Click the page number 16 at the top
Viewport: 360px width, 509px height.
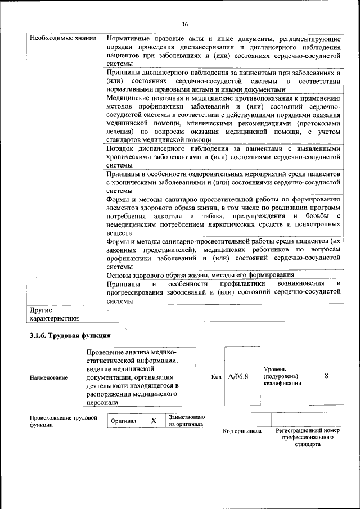[184, 24]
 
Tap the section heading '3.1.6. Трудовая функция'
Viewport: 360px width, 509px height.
[69, 336]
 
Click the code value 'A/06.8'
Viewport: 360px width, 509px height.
[238, 376]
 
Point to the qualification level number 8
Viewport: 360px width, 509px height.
[326, 376]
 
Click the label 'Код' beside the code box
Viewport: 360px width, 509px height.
[217, 376]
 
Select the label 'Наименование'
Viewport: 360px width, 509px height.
[48, 378]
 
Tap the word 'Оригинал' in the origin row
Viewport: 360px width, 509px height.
[124, 421]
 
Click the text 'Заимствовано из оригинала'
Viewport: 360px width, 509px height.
[187, 421]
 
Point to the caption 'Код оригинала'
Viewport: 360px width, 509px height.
[242, 431]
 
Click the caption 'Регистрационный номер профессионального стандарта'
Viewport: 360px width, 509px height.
[308, 438]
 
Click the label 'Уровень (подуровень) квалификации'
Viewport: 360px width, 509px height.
[282, 376]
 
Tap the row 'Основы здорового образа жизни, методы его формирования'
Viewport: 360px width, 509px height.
[200, 275]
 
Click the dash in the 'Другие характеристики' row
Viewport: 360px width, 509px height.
[108, 309]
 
